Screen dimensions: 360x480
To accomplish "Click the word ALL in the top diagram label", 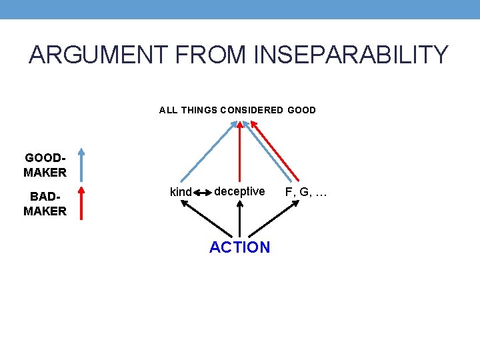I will coord(168,110).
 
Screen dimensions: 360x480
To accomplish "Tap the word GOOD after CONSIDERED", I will coord(302,110).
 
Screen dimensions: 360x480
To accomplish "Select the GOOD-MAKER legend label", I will coord(45,165).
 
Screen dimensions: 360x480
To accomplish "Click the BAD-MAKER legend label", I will coord(45,204).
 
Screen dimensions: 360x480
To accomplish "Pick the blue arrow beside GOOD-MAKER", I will coord(81,165).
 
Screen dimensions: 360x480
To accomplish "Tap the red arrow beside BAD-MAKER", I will coord(81,203).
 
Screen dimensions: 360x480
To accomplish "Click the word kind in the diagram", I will coord(181,192).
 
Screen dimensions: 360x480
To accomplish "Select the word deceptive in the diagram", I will coord(239,191).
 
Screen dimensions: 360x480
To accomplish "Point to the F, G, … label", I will coord(306,192).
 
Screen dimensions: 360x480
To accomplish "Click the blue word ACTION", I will coord(239,247).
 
